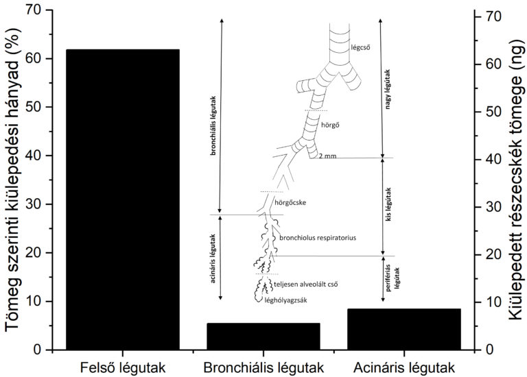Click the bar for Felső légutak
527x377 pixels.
(123, 199)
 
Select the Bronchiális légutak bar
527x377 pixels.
(263, 337)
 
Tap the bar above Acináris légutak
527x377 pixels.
(404, 329)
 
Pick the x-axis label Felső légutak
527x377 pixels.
(123, 368)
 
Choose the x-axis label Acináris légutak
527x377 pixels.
(404, 368)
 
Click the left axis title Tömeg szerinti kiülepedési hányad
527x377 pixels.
(13, 180)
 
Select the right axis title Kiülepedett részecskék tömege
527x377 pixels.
(515, 180)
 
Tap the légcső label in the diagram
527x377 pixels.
(361, 47)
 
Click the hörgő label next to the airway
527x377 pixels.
(330, 125)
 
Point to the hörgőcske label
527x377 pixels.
(290, 203)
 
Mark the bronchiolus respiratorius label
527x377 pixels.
(318, 238)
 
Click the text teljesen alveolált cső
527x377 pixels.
(306, 284)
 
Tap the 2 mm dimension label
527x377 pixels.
(327, 156)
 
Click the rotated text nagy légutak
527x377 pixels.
(388, 90)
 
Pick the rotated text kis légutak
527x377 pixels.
(389, 204)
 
